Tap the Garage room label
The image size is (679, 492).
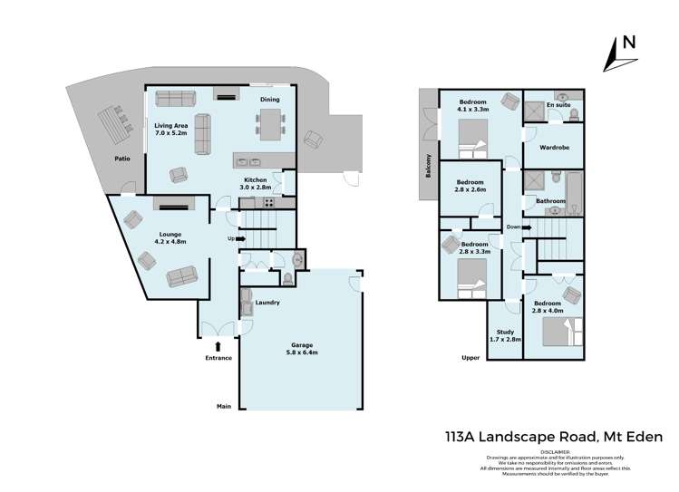[x=303, y=349]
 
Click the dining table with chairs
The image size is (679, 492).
[x=270, y=121]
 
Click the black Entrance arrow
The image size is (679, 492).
[x=218, y=344]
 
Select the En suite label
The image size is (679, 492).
[x=558, y=106]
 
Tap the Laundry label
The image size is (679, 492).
[x=267, y=303]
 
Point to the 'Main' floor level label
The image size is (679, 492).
[x=222, y=407]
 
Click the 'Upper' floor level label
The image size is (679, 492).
[x=470, y=358]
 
